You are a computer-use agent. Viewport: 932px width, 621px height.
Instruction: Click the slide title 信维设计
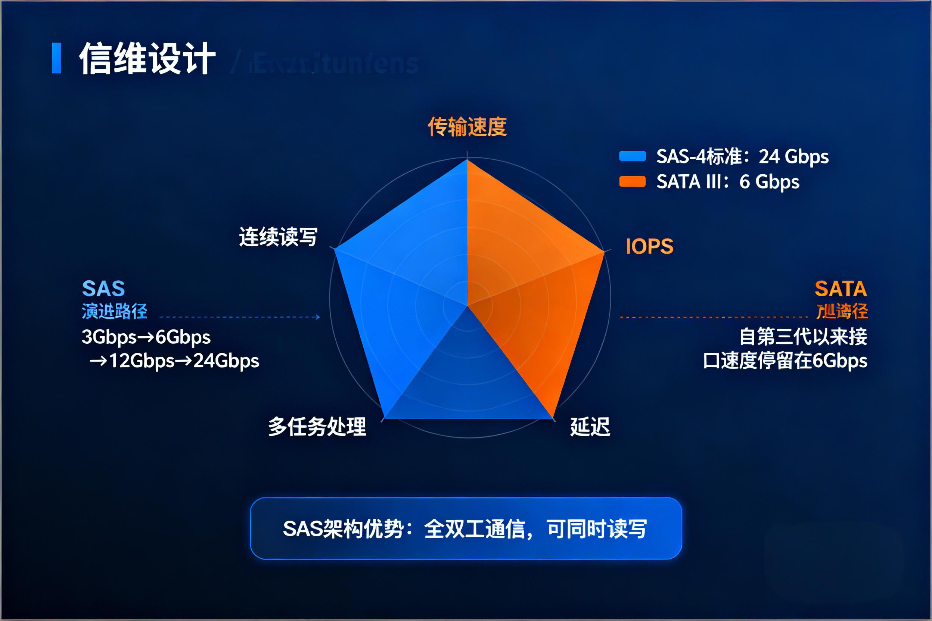click(x=147, y=59)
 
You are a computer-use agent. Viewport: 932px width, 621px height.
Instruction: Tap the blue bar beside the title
click(x=57, y=58)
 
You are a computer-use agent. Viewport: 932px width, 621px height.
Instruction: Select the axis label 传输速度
click(x=467, y=127)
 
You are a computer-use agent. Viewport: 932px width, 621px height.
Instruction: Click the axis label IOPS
click(x=649, y=246)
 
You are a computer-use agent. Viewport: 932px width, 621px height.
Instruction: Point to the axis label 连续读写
click(x=278, y=237)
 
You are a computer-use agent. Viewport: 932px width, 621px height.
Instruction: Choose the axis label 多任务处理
click(x=317, y=427)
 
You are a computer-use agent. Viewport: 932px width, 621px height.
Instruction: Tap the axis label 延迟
click(x=590, y=427)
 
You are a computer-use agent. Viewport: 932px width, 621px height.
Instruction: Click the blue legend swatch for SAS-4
click(x=633, y=156)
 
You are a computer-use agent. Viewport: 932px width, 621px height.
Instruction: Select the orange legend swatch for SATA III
click(x=633, y=181)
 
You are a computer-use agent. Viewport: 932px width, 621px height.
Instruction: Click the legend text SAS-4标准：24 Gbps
click(x=742, y=156)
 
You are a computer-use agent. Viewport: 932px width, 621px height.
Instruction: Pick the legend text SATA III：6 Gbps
click(x=727, y=182)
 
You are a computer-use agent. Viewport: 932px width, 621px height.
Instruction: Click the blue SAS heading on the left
click(x=103, y=288)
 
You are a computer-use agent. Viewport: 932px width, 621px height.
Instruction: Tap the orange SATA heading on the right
click(x=841, y=288)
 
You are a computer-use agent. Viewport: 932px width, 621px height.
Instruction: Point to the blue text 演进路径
click(x=115, y=311)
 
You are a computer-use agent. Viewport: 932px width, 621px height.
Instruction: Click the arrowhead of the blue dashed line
click(x=318, y=317)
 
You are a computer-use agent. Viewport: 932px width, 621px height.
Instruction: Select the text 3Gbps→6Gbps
click(x=146, y=337)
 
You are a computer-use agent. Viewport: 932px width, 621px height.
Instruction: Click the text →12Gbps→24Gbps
click(x=174, y=361)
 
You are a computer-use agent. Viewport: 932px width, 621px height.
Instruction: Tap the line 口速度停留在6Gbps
click(x=785, y=361)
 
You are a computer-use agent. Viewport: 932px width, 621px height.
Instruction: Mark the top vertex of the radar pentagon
click(x=467, y=160)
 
